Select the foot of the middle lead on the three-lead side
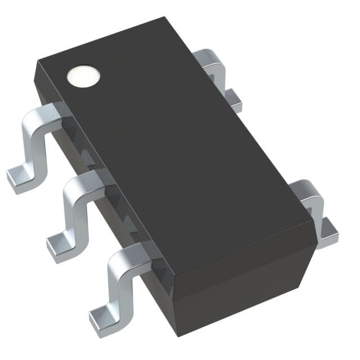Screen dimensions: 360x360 [x=57, y=246]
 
